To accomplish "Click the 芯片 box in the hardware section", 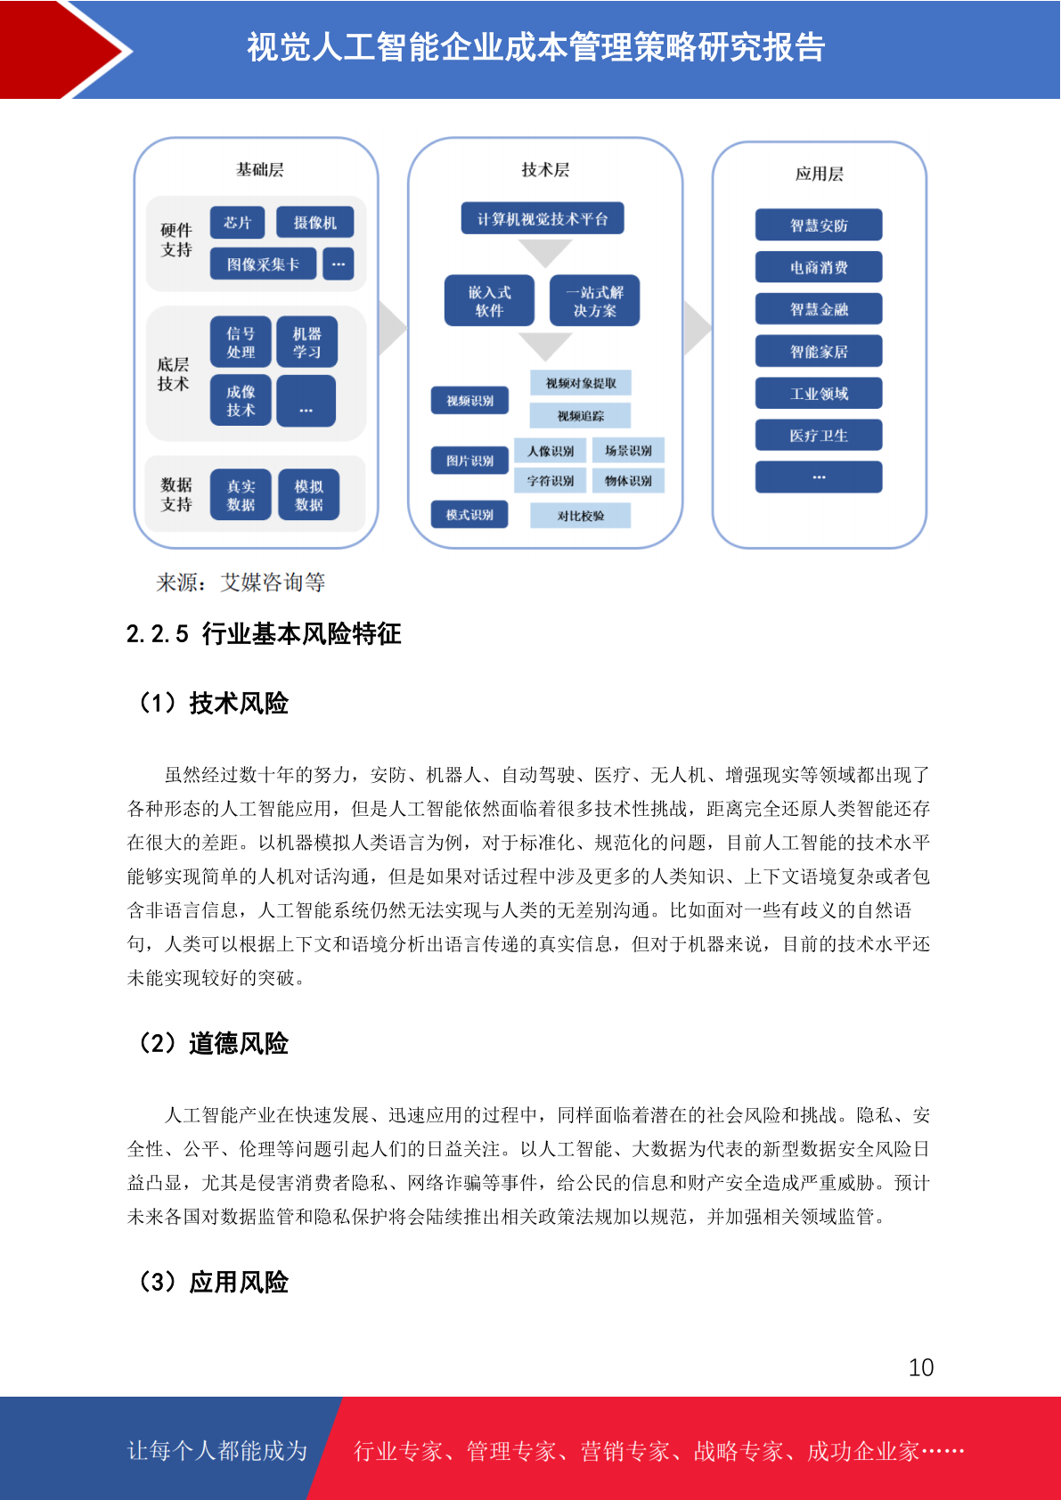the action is coord(237,223).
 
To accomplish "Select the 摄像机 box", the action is coord(314,223).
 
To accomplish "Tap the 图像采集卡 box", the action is coord(263,264).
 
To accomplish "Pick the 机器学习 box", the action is coord(306,341).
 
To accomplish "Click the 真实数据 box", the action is coord(241,495).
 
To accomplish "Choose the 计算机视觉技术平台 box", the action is coord(543,218).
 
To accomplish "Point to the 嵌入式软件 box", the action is coord(490,301).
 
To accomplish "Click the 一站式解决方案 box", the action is coord(595,301).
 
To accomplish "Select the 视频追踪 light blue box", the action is coord(580,416).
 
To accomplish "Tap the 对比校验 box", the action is coord(580,516).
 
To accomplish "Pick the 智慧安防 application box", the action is coord(819,225).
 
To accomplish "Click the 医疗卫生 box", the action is coord(819,436).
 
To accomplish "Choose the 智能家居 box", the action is coord(819,351).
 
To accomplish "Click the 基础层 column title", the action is coord(260,169).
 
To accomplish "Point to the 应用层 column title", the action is coord(820,174).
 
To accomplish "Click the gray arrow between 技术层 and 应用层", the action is coord(698,328).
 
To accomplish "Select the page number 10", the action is coord(921,1366).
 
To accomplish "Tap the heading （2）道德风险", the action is coord(212,1043).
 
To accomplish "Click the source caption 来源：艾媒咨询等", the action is coord(241,582).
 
